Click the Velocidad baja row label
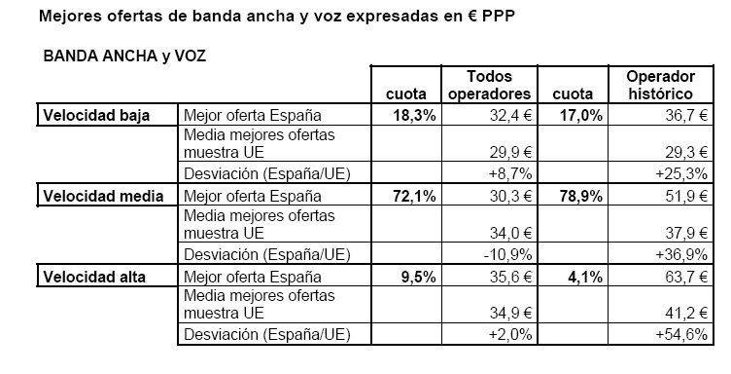pos(94,116)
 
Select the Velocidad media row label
pos(100,196)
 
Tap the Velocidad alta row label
pos(94,277)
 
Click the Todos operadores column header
pos(489,86)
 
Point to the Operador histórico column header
pos(651,86)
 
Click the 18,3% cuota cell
pos(413,116)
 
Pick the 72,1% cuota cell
pos(413,196)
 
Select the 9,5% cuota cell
pos(418,277)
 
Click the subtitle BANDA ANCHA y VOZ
pos(124,56)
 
